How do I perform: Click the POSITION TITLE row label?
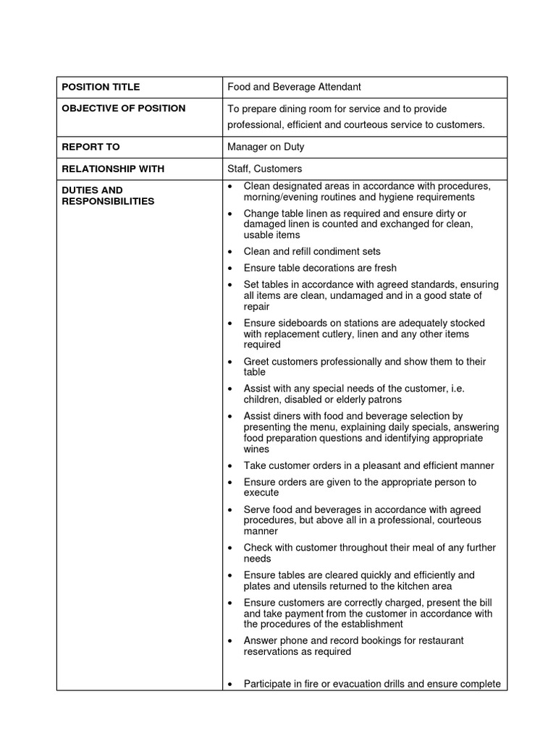click(101, 87)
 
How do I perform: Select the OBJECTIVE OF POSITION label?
click(123, 109)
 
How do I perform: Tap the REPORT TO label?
click(90, 147)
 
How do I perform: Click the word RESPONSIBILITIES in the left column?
click(108, 201)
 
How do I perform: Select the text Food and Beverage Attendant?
click(294, 87)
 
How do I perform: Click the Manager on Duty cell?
click(266, 147)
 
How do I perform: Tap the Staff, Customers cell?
click(264, 169)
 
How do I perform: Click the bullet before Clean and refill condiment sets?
click(229, 252)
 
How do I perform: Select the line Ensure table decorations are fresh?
click(320, 268)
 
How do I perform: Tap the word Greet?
click(256, 361)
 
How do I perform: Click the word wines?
click(256, 449)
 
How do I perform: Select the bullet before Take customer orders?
click(229, 466)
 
